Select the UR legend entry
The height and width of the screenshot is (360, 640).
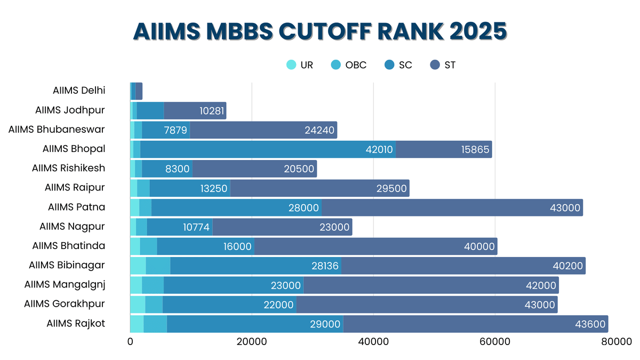pyautogui.click(x=300, y=66)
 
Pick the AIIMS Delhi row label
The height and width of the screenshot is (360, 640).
pyautogui.click(x=79, y=91)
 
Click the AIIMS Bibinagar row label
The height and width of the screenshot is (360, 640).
pyautogui.click(x=67, y=265)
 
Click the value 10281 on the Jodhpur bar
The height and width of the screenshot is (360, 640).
pyautogui.click(x=212, y=111)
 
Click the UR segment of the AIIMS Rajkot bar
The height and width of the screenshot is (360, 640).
pyautogui.click(x=137, y=324)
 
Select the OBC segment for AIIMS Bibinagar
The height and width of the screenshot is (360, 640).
pyautogui.click(x=158, y=266)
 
